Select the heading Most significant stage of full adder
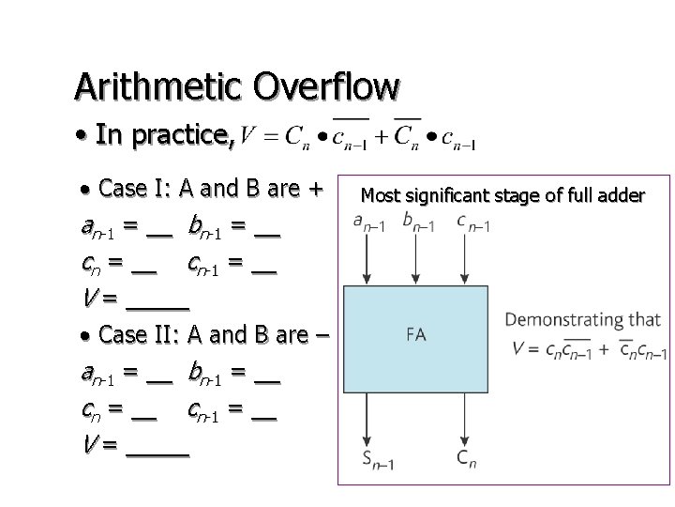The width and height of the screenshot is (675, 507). pyautogui.click(x=502, y=196)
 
